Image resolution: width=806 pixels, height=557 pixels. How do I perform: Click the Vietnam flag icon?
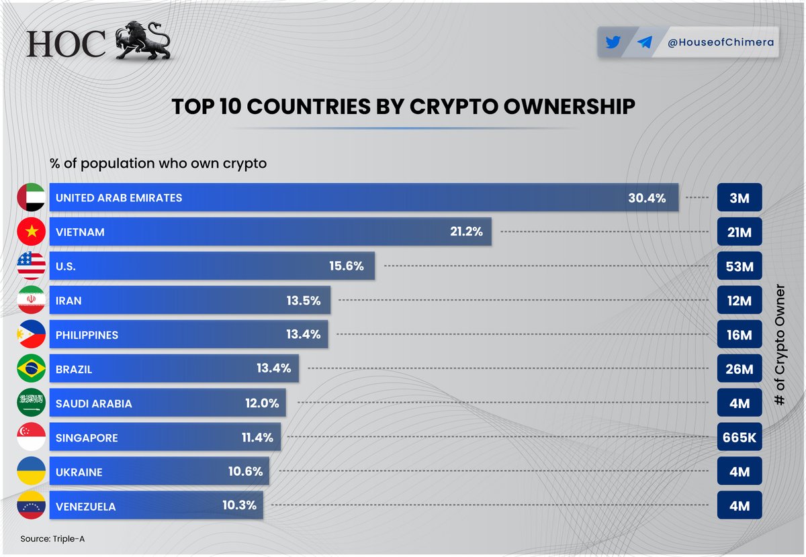coord(31,232)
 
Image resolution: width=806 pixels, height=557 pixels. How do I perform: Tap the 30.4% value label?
coord(646,198)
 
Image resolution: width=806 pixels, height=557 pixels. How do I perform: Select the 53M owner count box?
coord(740,266)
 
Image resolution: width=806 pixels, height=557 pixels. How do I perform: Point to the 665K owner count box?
coord(740,438)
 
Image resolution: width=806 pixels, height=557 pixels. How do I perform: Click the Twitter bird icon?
coord(613,42)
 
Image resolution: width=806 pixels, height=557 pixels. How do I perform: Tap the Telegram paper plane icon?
coord(644,42)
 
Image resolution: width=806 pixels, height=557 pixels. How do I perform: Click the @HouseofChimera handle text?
coord(721,42)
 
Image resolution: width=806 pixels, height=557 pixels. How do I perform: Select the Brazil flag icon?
coord(31,369)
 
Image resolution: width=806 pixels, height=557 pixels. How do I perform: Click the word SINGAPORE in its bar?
coord(87,438)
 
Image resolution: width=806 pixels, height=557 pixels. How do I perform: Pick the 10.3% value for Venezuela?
coord(239,506)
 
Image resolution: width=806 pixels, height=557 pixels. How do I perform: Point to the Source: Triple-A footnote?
coord(52,539)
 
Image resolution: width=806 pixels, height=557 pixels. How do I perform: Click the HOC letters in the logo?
coord(67,44)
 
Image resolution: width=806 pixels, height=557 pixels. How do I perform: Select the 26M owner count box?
coord(740,369)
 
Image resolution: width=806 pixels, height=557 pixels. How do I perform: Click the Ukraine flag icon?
coord(31,472)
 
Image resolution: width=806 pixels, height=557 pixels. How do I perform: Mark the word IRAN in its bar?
coord(69,301)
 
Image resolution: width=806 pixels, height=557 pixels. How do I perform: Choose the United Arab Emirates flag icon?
coord(31,198)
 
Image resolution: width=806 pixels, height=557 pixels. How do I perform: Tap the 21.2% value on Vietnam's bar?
coord(466,232)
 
